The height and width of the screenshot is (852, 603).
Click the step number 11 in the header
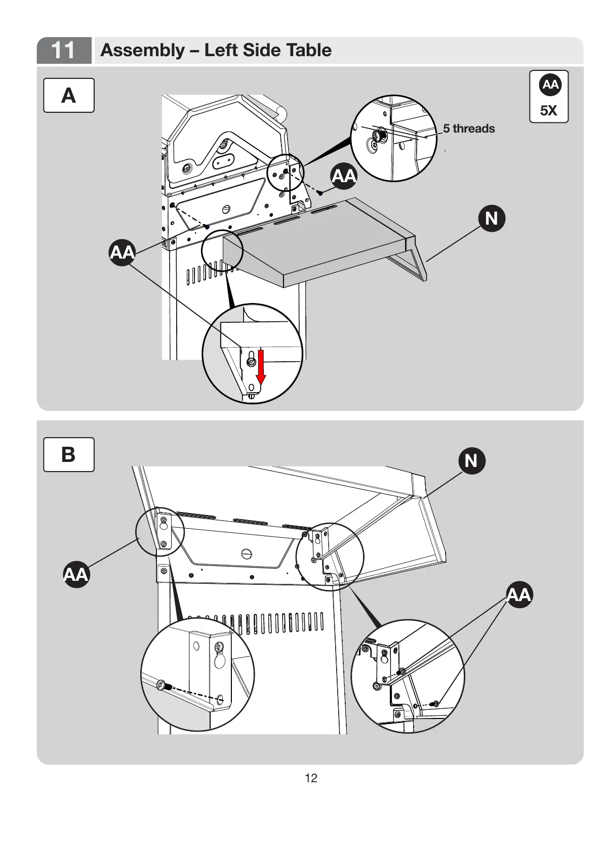[63, 50]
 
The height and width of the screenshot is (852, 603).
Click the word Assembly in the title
[143, 50]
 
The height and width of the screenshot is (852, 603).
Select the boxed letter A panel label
[68, 95]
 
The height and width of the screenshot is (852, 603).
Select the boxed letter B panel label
[68, 454]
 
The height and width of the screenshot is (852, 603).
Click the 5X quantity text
[548, 110]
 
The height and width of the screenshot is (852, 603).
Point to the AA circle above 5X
[549, 84]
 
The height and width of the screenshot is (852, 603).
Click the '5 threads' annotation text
[469, 129]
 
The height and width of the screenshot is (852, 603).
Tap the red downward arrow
[261, 366]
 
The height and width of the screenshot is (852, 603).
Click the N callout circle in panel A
[492, 218]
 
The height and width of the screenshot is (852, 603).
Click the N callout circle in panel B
[471, 460]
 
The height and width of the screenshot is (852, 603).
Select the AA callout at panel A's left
[122, 251]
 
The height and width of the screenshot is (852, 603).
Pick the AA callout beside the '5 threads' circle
[344, 176]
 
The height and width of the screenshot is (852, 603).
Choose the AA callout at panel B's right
[519, 594]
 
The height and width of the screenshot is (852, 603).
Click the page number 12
[311, 778]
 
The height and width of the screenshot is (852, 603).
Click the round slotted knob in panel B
[247, 553]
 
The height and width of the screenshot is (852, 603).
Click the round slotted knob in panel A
[226, 209]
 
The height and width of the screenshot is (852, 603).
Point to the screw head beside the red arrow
[251, 362]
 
